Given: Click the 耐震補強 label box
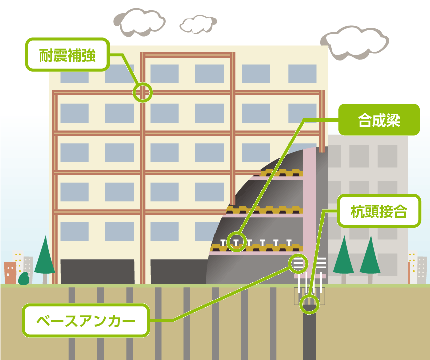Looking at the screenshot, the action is pos(67,55).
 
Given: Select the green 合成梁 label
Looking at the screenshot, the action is pos(379,119).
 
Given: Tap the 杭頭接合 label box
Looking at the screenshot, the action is pos(379,211).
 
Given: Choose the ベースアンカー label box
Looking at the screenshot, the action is pos(86,320).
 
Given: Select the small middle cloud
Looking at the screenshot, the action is pos(198,25).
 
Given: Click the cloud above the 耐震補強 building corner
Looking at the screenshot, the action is pos(139,22).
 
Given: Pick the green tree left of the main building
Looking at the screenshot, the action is pos(45,259).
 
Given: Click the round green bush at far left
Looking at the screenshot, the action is pos(24,279).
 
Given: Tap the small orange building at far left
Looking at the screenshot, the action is pos(10,273).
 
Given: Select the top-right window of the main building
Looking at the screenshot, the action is pos(302,74).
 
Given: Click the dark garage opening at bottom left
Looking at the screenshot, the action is pos(97,272).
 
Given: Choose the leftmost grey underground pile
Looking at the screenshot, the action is pos(72,323).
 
